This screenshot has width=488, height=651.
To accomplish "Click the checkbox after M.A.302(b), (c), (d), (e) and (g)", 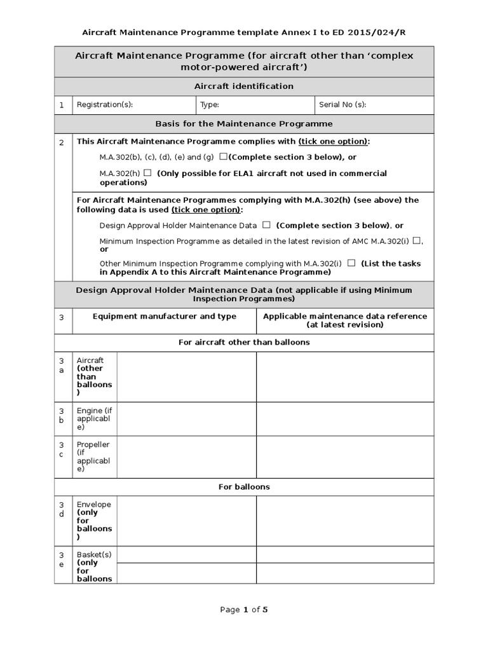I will pos(223,156).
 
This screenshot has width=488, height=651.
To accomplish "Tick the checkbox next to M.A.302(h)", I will pos(147,173).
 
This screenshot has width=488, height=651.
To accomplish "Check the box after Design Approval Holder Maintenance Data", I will pos(266,225).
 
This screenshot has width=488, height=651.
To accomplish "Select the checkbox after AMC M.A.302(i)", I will pos(416,240).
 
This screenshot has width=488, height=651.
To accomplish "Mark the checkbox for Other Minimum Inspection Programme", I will pos(351,263).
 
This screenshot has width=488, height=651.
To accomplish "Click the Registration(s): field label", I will pos(105,105).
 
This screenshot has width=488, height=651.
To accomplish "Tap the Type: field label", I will pos(210,105).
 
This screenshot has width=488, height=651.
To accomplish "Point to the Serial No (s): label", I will pos(342,105).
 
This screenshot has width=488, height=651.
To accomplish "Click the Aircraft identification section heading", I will pos(244,86).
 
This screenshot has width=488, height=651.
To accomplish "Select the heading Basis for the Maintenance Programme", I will pos(244,124).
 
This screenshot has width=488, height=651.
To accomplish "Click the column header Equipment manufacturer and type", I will pos(165,316).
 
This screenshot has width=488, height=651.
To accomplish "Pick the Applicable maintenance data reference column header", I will pos(345,320).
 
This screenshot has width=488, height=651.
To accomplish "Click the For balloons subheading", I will pos(244,487).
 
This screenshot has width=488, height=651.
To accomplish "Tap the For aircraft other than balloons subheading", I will pos(244,343).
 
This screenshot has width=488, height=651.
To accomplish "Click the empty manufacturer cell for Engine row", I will pos(186,418).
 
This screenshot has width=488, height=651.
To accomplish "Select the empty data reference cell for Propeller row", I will pos(345,456).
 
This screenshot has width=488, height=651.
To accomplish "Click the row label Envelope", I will pos(93,505).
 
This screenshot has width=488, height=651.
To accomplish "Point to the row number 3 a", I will pos(62,365).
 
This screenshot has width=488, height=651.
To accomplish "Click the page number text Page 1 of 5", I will pos(244,610).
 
